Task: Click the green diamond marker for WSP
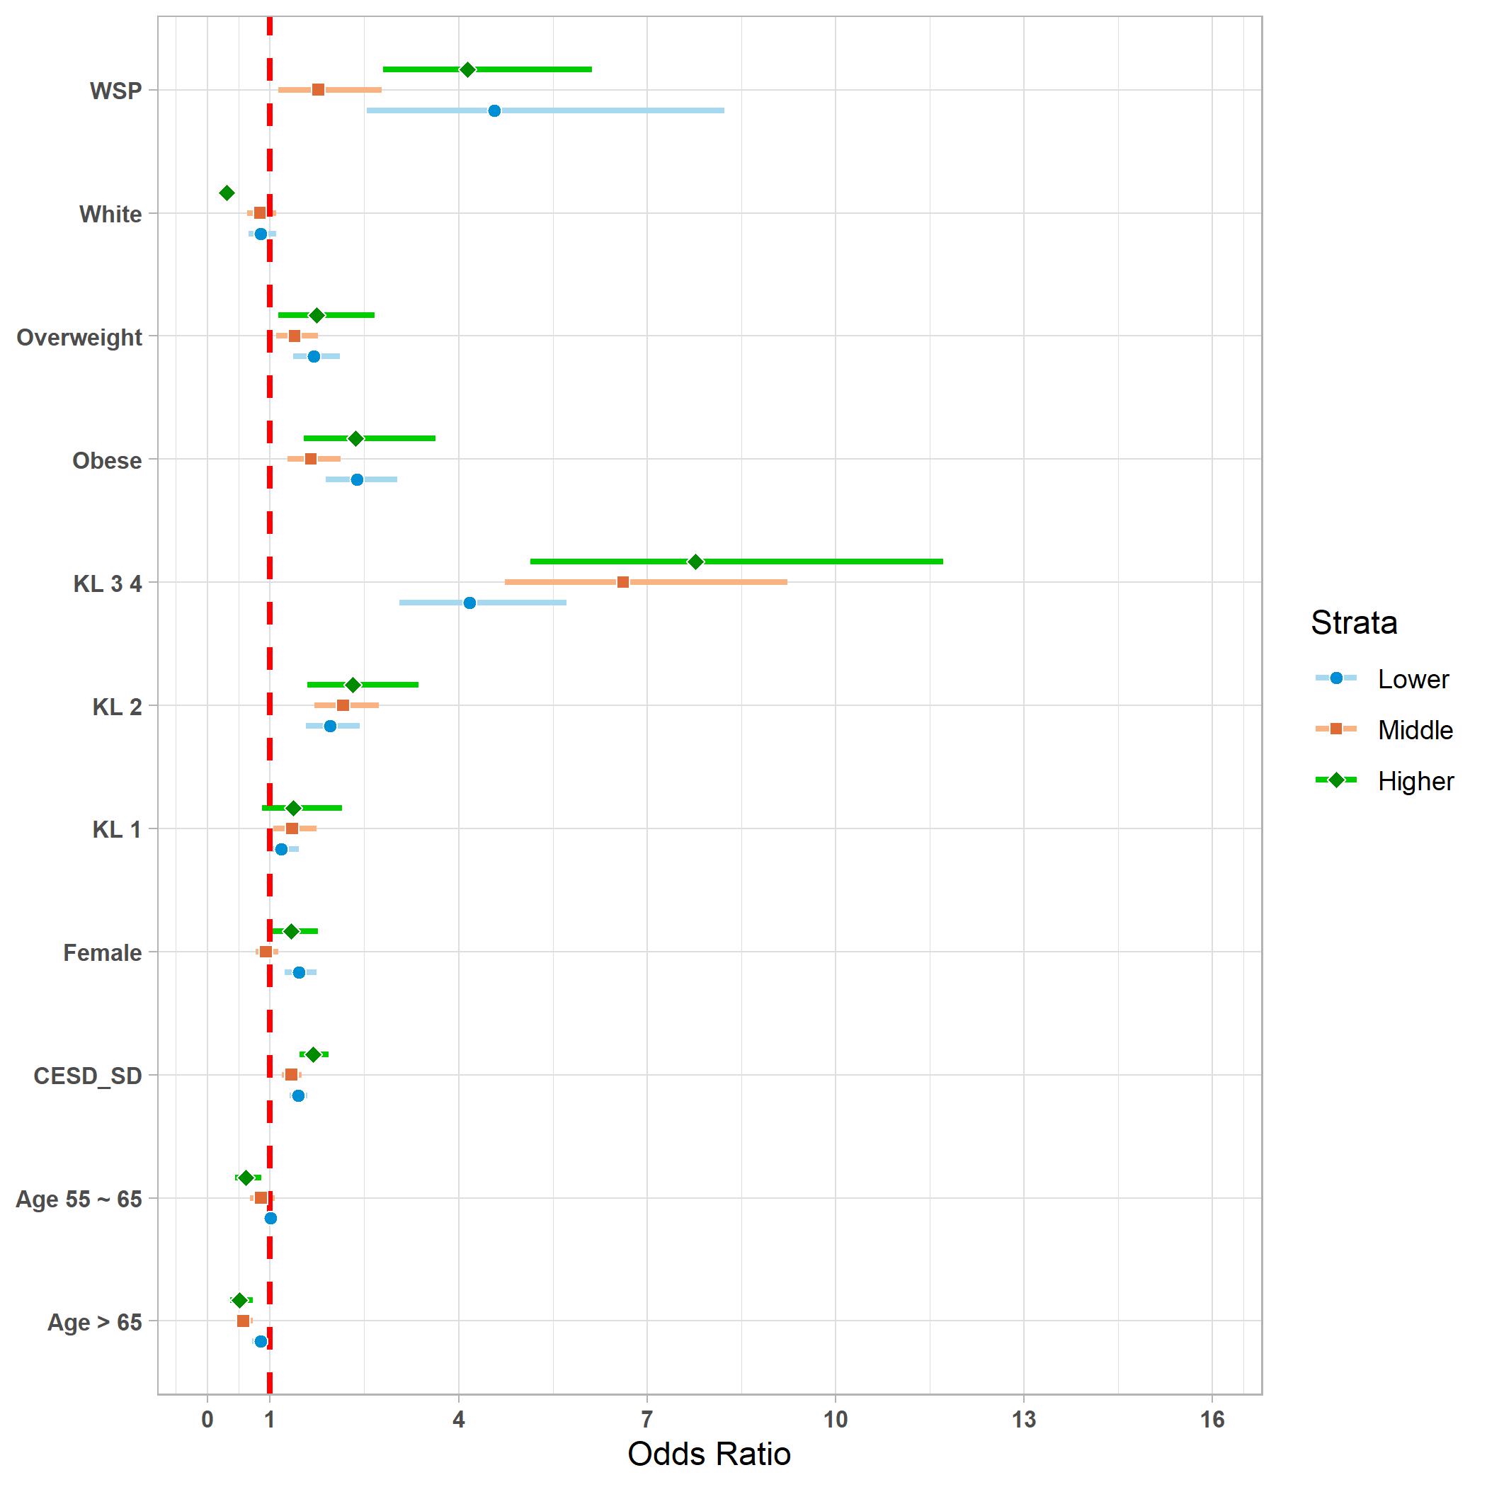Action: tap(467, 69)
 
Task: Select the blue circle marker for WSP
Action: tap(494, 111)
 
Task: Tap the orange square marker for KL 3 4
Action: tap(622, 582)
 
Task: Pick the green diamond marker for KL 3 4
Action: tap(695, 561)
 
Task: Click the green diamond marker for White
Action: tap(227, 193)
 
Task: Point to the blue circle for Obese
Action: tap(356, 479)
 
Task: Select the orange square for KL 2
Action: tap(343, 705)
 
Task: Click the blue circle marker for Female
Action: tap(299, 972)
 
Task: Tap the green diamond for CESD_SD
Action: tap(312, 1054)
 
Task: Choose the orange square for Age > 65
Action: tap(243, 1321)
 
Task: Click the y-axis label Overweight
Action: tap(79, 337)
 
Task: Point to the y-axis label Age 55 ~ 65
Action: tap(79, 1199)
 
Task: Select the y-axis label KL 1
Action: tap(117, 830)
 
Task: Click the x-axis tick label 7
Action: tap(646, 1420)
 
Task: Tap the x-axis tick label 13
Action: tap(1024, 1420)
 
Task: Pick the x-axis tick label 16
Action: tap(1212, 1420)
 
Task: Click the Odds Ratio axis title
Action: tap(709, 1454)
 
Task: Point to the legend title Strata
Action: tap(1354, 622)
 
